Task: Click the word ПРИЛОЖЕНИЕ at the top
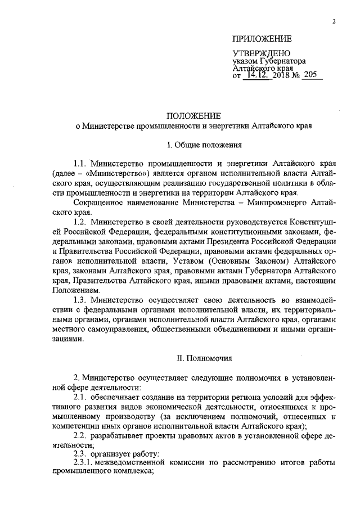(x=263, y=39)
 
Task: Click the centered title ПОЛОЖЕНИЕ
(x=193, y=114)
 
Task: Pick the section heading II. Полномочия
(x=193, y=358)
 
